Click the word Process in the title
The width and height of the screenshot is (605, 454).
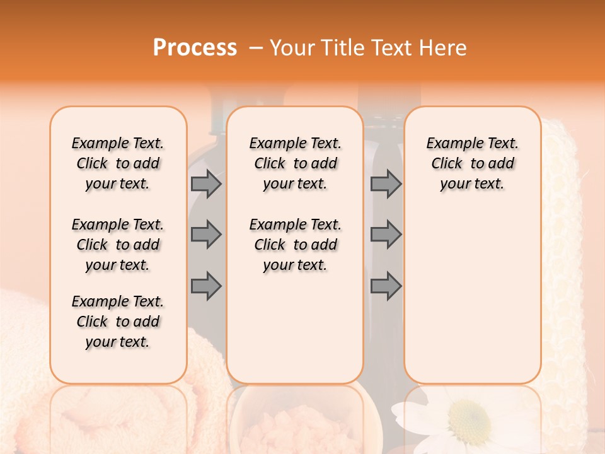[195, 48]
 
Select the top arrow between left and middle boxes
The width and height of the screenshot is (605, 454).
[206, 184]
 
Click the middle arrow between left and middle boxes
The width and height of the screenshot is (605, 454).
[206, 235]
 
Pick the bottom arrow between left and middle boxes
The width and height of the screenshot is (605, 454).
[206, 286]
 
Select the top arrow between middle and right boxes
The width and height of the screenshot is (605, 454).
[386, 184]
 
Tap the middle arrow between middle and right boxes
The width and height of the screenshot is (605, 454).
[386, 235]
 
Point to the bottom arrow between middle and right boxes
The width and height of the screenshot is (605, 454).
[386, 286]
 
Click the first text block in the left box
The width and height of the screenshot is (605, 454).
[118, 164]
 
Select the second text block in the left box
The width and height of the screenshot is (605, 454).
[118, 245]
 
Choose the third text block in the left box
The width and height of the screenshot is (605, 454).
[118, 322]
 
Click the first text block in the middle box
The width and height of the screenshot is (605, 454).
[296, 164]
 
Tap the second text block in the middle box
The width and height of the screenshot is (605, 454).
[296, 245]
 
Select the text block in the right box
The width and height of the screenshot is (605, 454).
[472, 164]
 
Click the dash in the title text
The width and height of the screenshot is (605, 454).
[256, 49]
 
